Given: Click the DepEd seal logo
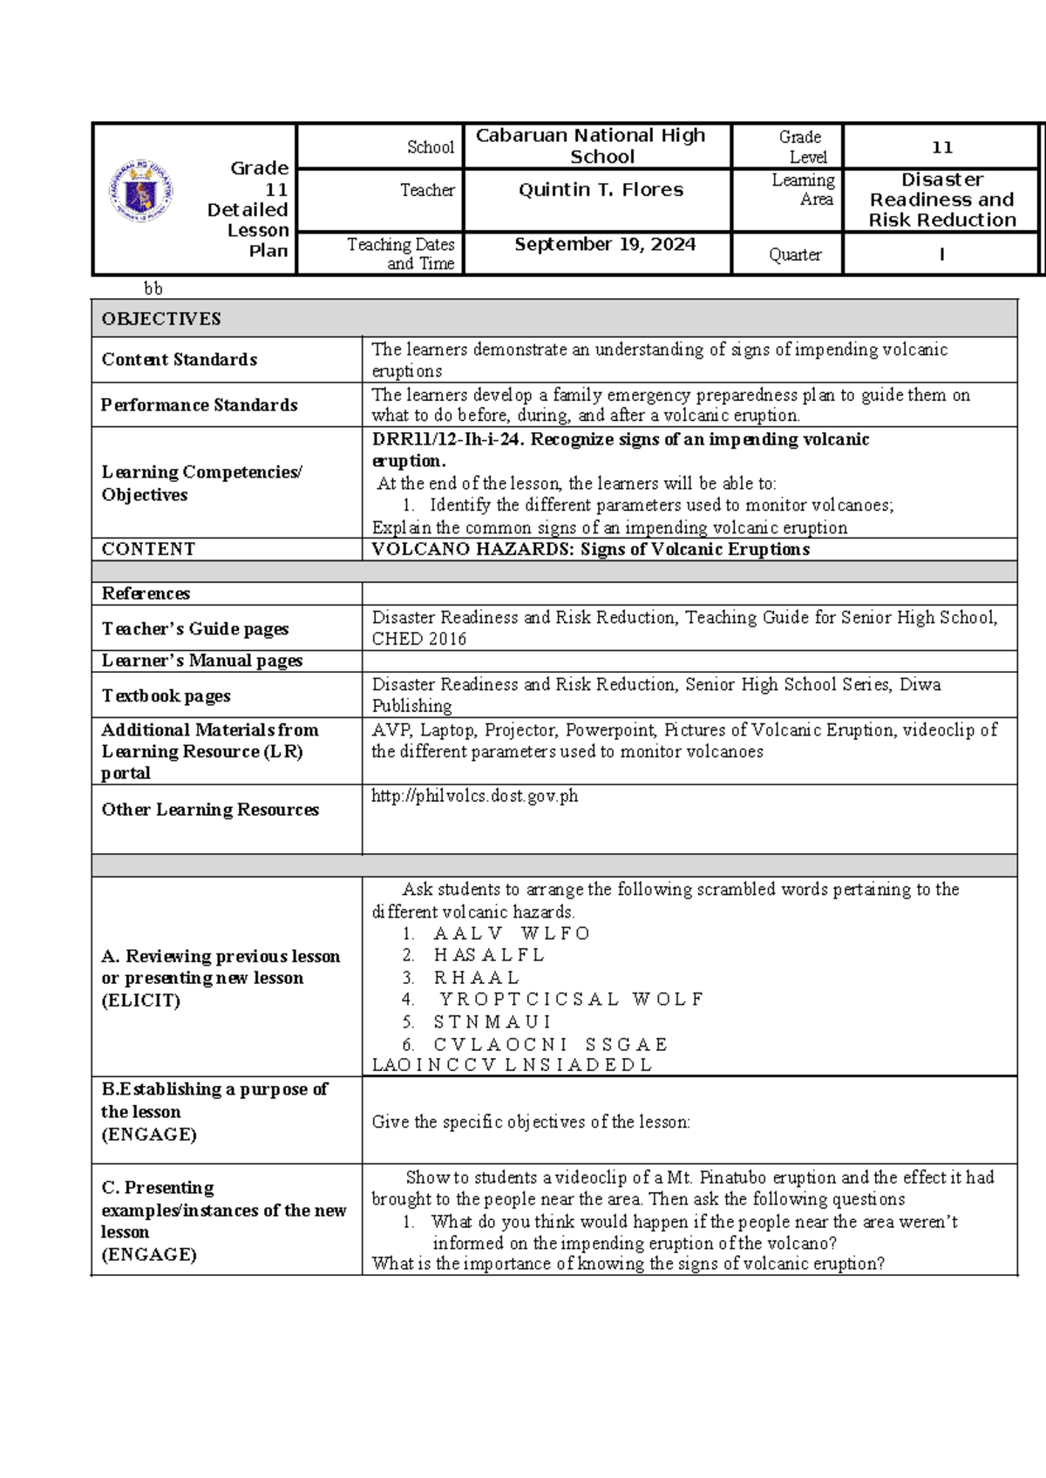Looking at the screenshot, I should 140,191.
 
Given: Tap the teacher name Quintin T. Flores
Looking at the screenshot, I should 601,190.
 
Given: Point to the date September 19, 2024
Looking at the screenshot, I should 605,245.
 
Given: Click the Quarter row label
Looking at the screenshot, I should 794,254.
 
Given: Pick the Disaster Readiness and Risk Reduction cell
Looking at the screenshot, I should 941,200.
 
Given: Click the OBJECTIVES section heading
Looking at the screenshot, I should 161,319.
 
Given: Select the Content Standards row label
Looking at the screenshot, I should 179,360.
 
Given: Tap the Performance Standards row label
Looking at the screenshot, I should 199,405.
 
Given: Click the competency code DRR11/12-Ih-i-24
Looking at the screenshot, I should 447,439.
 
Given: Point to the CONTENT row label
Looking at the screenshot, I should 148,549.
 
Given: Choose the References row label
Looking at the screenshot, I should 146,593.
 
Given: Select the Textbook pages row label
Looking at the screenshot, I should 166,695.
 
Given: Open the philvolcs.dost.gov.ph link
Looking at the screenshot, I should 474,796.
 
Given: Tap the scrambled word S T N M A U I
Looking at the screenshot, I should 492,1021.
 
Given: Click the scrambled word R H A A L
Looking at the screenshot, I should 476,978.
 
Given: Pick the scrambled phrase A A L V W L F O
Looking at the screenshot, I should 512,933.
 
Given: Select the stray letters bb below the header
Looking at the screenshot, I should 153,288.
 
